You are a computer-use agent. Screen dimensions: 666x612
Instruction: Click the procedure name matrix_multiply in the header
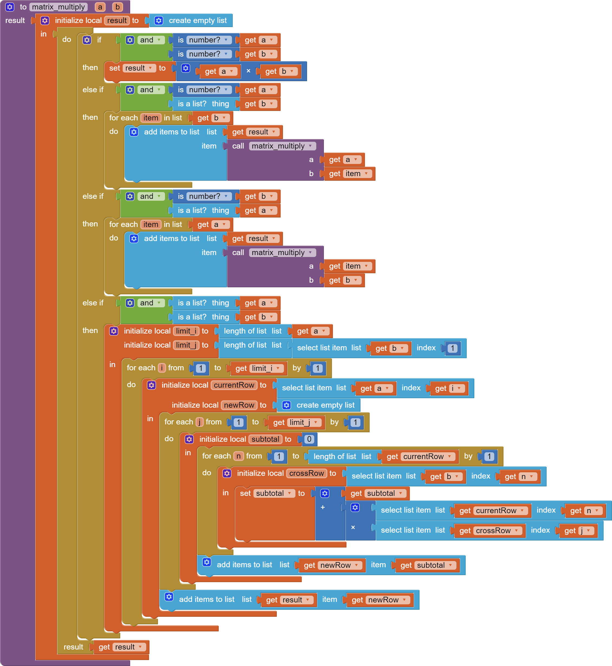pyautogui.click(x=58, y=7)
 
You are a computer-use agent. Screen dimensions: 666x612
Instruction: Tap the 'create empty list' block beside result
pyautogui.click(x=198, y=21)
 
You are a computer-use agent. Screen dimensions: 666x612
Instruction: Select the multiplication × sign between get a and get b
pyautogui.click(x=248, y=71)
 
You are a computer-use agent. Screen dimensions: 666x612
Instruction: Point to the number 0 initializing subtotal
pyautogui.click(x=309, y=439)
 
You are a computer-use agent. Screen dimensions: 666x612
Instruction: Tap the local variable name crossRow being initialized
pyautogui.click(x=306, y=473)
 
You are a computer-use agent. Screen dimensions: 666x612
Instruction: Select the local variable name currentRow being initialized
pyautogui.click(x=234, y=385)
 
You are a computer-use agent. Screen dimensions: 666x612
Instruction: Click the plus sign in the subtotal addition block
pyautogui.click(x=323, y=507)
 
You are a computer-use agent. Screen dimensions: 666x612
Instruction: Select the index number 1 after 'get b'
pyautogui.click(x=452, y=348)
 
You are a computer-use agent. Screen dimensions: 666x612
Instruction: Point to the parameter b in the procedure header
pyautogui.click(x=117, y=7)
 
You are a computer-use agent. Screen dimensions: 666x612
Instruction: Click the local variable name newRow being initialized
pyautogui.click(x=239, y=405)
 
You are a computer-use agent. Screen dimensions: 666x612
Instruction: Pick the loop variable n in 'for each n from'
pyautogui.click(x=238, y=456)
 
